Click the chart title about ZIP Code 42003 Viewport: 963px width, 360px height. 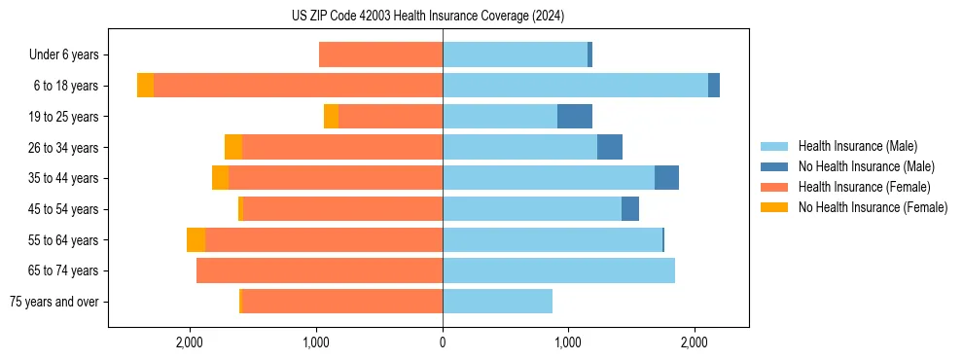[x=428, y=17]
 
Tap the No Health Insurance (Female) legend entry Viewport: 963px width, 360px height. [x=873, y=207]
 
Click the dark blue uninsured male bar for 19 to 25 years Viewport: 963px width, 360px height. [x=575, y=117]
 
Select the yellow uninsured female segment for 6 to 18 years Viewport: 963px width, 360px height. [x=145, y=86]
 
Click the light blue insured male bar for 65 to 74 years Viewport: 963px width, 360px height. [x=558, y=270]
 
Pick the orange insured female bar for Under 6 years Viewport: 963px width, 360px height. [x=380, y=55]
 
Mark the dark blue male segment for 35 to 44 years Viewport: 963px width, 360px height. [x=666, y=178]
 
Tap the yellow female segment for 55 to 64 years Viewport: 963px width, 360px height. [x=196, y=240]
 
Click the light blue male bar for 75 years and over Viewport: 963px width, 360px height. [x=497, y=302]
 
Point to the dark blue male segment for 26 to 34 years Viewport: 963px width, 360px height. [x=610, y=148]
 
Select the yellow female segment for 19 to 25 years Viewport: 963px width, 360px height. [x=331, y=117]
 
